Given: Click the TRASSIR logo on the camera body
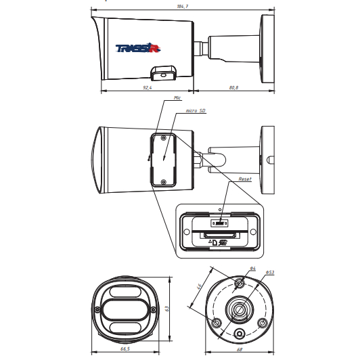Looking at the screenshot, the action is (x=138, y=48).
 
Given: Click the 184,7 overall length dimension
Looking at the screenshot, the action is (x=183, y=7).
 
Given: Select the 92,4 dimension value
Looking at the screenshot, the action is (x=148, y=87).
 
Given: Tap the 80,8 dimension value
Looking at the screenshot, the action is (x=233, y=87).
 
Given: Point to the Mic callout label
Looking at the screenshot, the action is (x=177, y=98).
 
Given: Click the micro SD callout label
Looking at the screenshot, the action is (x=196, y=111).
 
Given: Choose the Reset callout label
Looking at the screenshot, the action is (x=245, y=179).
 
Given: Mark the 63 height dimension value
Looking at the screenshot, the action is (x=167, y=309).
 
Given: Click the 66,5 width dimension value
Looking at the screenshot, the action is (x=125, y=348).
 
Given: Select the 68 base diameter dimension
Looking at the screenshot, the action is (x=240, y=349).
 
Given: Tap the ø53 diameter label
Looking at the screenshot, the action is (x=270, y=272).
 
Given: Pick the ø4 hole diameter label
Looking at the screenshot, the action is (x=253, y=268).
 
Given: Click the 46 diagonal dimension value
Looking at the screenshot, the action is (x=199, y=286).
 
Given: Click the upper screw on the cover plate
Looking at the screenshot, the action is (x=164, y=138).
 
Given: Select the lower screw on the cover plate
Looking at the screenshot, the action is (x=164, y=182).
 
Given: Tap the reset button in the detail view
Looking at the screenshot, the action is (x=220, y=223).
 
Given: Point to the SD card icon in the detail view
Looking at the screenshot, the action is (x=215, y=242).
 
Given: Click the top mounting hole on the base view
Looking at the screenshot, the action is (x=240, y=283).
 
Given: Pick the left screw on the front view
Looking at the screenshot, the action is (x=97, y=309).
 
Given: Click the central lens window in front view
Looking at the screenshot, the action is (x=125, y=309).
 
